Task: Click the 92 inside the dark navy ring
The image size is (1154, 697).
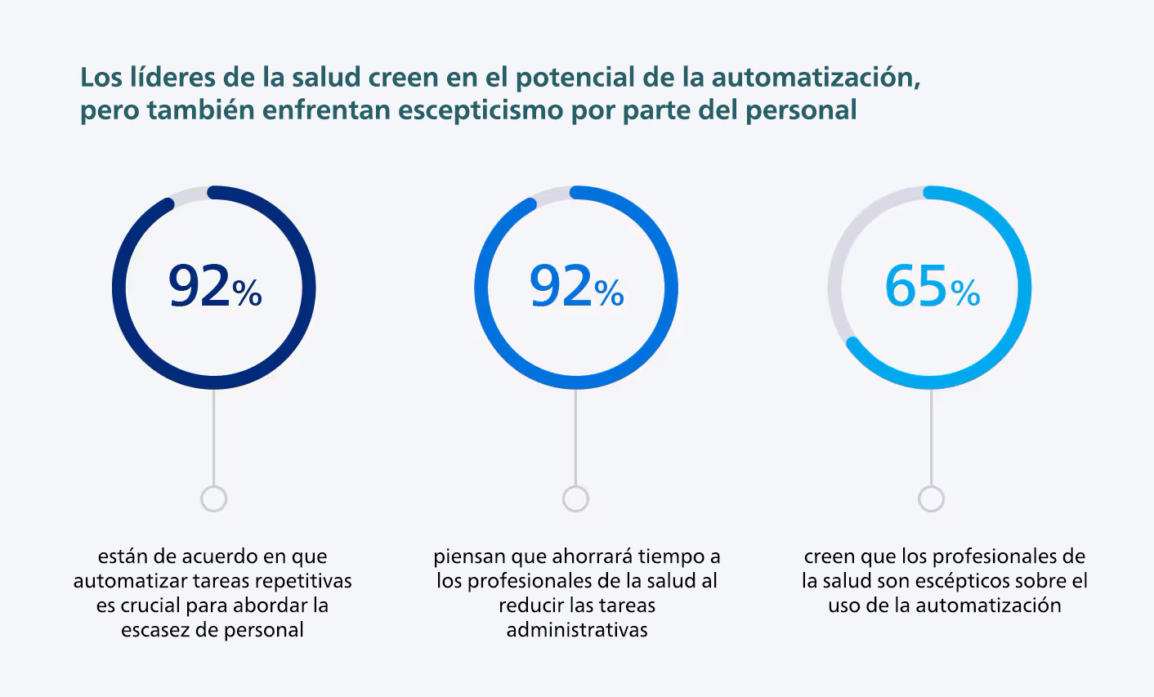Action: pyautogui.click(x=199, y=286)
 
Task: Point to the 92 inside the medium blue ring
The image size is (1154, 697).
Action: pyautogui.click(x=561, y=286)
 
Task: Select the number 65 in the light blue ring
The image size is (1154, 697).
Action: pyautogui.click(x=916, y=286)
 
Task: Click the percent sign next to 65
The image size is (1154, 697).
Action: pyautogui.click(x=966, y=293)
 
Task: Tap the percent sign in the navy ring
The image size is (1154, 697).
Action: pyautogui.click(x=248, y=293)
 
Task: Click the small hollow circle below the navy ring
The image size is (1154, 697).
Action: pyautogui.click(x=213, y=498)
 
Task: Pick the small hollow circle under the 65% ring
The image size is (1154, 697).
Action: pyautogui.click(x=931, y=498)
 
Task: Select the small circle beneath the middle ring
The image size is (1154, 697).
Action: pyautogui.click(x=575, y=498)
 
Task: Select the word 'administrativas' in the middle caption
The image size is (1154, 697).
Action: pyautogui.click(x=577, y=630)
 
